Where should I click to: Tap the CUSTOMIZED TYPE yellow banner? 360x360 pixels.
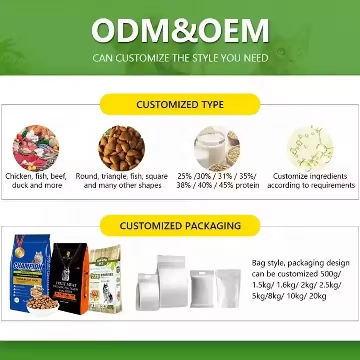point(180,105)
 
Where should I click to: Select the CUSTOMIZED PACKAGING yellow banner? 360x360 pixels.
point(180,226)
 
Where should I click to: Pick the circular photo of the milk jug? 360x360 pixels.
point(216,148)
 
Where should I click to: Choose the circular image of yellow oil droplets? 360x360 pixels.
point(310,148)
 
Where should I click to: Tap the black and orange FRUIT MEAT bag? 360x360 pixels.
point(70,277)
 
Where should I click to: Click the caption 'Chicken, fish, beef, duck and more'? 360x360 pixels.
point(36,181)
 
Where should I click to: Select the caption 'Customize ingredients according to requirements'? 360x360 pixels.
point(310,181)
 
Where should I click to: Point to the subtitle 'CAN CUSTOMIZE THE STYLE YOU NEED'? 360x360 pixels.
point(180,58)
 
